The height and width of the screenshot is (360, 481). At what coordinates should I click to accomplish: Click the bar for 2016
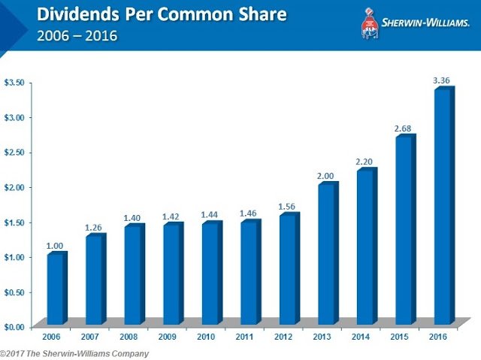[443, 207]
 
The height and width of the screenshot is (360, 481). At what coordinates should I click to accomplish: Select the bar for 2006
[56, 289]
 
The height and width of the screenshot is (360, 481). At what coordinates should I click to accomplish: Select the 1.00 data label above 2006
[56, 246]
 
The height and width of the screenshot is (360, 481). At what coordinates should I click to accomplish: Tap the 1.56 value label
[288, 207]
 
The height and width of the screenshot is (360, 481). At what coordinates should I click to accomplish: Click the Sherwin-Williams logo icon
[370, 22]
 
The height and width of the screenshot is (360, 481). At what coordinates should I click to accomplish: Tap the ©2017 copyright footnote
[74, 353]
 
